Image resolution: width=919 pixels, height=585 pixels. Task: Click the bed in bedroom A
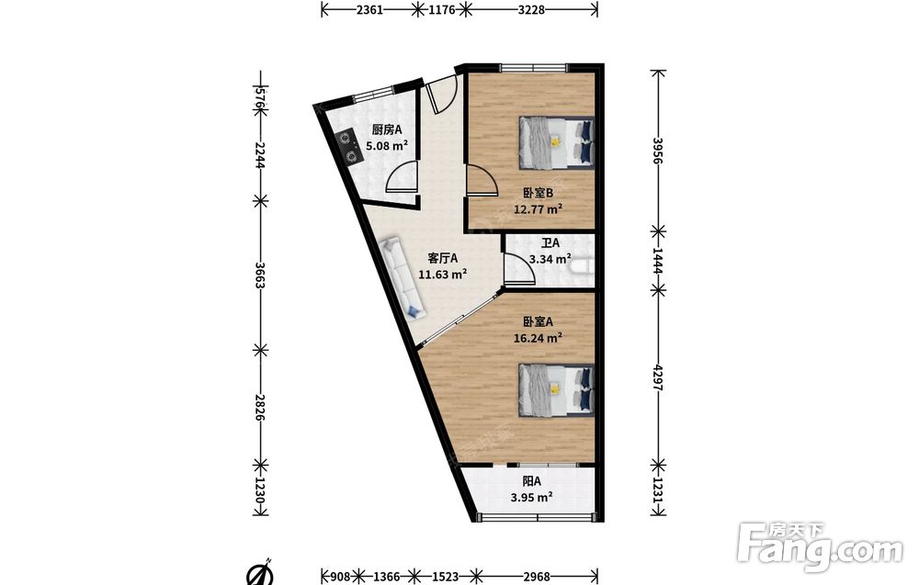pyautogui.click(x=556, y=390)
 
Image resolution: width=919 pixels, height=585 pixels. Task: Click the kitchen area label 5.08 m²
pyautogui.click(x=387, y=146)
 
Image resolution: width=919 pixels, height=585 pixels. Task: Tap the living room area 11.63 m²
pyautogui.click(x=443, y=274)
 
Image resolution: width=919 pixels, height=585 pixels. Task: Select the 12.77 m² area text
pyautogui.click(x=538, y=209)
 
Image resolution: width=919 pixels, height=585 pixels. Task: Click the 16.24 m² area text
pyautogui.click(x=538, y=338)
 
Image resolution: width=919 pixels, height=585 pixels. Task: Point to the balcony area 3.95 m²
pyautogui.click(x=531, y=498)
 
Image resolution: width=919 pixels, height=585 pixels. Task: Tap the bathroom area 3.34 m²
pyautogui.click(x=550, y=259)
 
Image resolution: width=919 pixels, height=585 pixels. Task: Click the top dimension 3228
pyautogui.click(x=531, y=9)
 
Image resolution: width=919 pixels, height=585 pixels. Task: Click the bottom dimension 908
pyautogui.click(x=340, y=577)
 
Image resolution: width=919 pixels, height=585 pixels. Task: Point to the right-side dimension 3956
pyautogui.click(x=658, y=152)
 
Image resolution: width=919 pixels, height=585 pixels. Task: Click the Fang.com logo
pyautogui.click(x=820, y=546)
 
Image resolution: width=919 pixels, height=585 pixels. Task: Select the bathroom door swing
pyautogui.click(x=518, y=269)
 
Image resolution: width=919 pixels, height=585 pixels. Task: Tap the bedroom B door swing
pyautogui.click(x=482, y=180)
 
